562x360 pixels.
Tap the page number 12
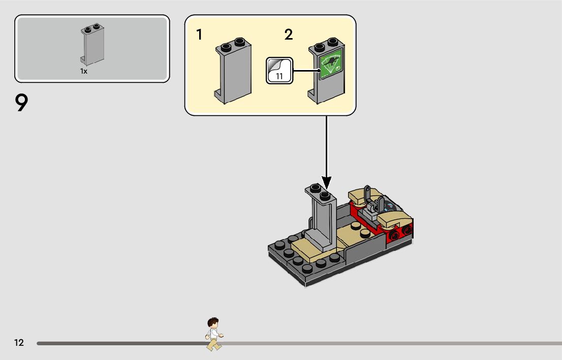(x=19, y=343)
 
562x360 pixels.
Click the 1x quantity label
(x=84, y=72)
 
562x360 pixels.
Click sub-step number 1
(x=200, y=35)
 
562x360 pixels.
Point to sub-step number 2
(x=289, y=35)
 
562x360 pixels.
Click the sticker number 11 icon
(x=279, y=71)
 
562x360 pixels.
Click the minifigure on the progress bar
(x=214, y=335)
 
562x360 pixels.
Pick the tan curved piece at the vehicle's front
(x=397, y=219)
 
